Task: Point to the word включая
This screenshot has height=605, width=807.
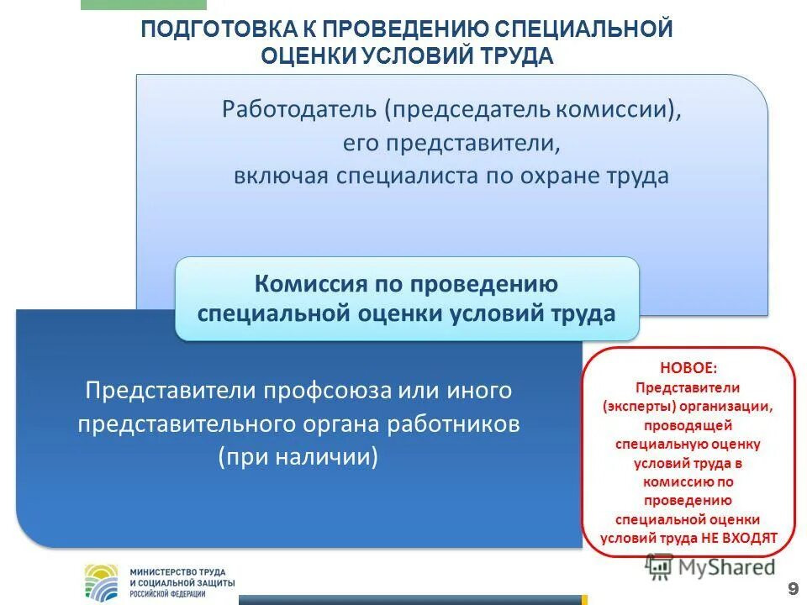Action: (x=281, y=176)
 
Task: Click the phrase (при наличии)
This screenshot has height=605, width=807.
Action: (x=298, y=456)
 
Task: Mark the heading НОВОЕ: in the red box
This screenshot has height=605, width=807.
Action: (x=688, y=367)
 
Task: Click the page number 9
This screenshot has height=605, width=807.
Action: (x=793, y=587)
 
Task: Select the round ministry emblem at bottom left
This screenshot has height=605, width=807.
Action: (x=103, y=581)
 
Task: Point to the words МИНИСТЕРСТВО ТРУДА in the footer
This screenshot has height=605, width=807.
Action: (x=177, y=571)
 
